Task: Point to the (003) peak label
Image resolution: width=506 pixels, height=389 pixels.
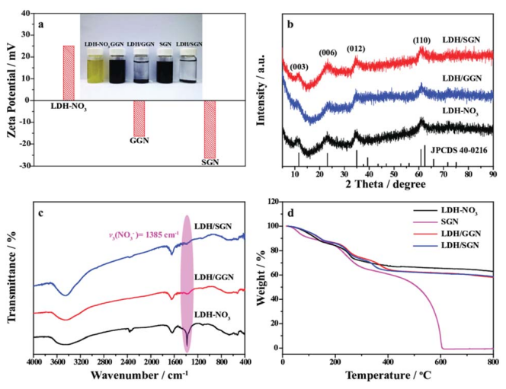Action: (299, 67)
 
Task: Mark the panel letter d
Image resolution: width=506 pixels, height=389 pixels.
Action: (290, 204)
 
